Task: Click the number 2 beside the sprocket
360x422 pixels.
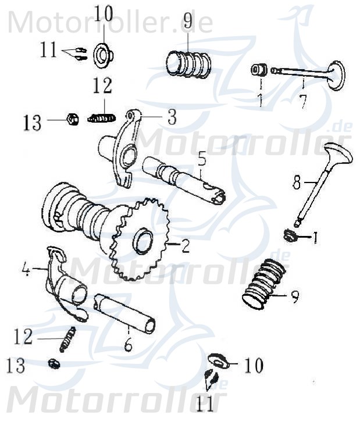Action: click(185, 247)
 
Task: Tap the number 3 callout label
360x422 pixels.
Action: click(171, 117)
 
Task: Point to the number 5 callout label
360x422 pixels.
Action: click(201, 158)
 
